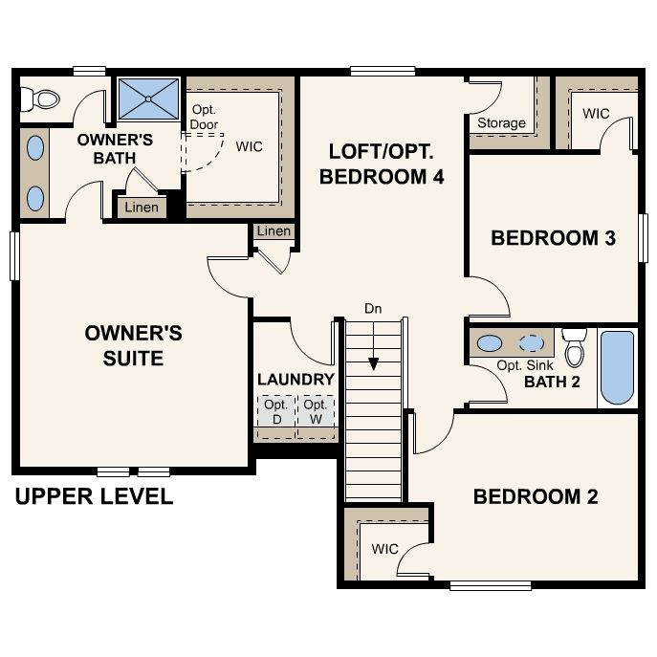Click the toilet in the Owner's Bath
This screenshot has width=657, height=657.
40,99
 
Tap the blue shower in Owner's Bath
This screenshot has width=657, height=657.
149,99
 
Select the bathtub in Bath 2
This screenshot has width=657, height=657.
617,368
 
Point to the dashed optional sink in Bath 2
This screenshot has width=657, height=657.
532,343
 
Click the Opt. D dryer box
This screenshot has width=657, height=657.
276,411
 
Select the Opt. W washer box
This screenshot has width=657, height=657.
316,411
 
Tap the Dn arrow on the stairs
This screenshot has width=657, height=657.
373,346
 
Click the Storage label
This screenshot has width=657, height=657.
501,122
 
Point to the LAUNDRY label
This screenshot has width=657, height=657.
296,380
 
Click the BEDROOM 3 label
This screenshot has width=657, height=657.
553,238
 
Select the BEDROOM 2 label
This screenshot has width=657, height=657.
536,496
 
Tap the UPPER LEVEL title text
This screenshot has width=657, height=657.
95,496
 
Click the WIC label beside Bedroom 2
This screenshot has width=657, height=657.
384,549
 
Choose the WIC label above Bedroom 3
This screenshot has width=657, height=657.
596,113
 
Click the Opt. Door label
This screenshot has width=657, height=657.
204,117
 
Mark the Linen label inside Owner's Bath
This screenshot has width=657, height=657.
142,207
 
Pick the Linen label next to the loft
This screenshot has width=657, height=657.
274,230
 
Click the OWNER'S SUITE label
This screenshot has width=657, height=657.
133,345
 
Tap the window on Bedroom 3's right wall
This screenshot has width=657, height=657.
643,238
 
